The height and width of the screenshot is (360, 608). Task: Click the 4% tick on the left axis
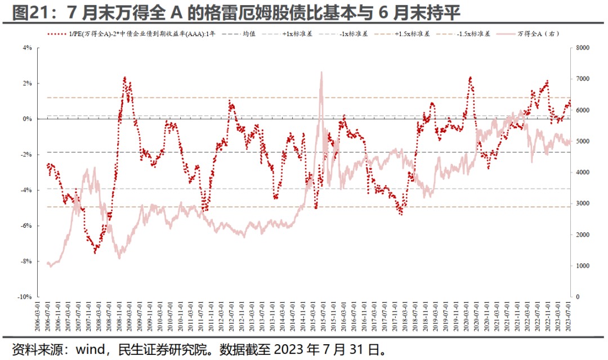coord(27,48)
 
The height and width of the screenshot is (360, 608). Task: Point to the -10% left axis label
coord(25,296)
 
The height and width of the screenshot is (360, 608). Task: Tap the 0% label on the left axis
coord(27,119)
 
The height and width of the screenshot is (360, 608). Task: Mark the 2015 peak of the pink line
coord(321,72)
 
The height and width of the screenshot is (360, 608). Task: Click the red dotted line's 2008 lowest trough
coord(95,253)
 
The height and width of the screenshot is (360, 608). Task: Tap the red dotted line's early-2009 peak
coord(124,78)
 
